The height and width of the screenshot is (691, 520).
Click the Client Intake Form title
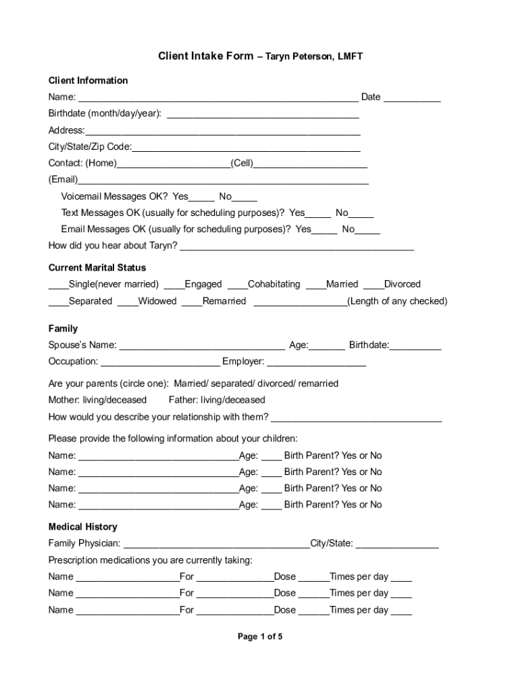[206, 56]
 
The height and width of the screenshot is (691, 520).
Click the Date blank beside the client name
[413, 99]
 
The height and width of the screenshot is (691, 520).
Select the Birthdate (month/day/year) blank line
[263, 115]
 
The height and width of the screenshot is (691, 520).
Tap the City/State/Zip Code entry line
[246, 148]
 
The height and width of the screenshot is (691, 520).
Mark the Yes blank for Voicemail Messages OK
[202, 198]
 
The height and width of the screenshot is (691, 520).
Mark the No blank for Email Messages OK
[367, 231]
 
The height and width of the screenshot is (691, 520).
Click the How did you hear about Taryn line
[296, 247]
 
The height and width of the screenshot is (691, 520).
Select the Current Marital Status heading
[97, 268]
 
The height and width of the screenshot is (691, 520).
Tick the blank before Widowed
[128, 303]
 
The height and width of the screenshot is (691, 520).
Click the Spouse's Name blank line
[202, 348]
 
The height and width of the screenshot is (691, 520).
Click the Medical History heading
[82, 527]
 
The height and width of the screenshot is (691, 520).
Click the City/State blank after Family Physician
[397, 545]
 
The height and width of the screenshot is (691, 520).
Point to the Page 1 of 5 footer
[260, 636]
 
